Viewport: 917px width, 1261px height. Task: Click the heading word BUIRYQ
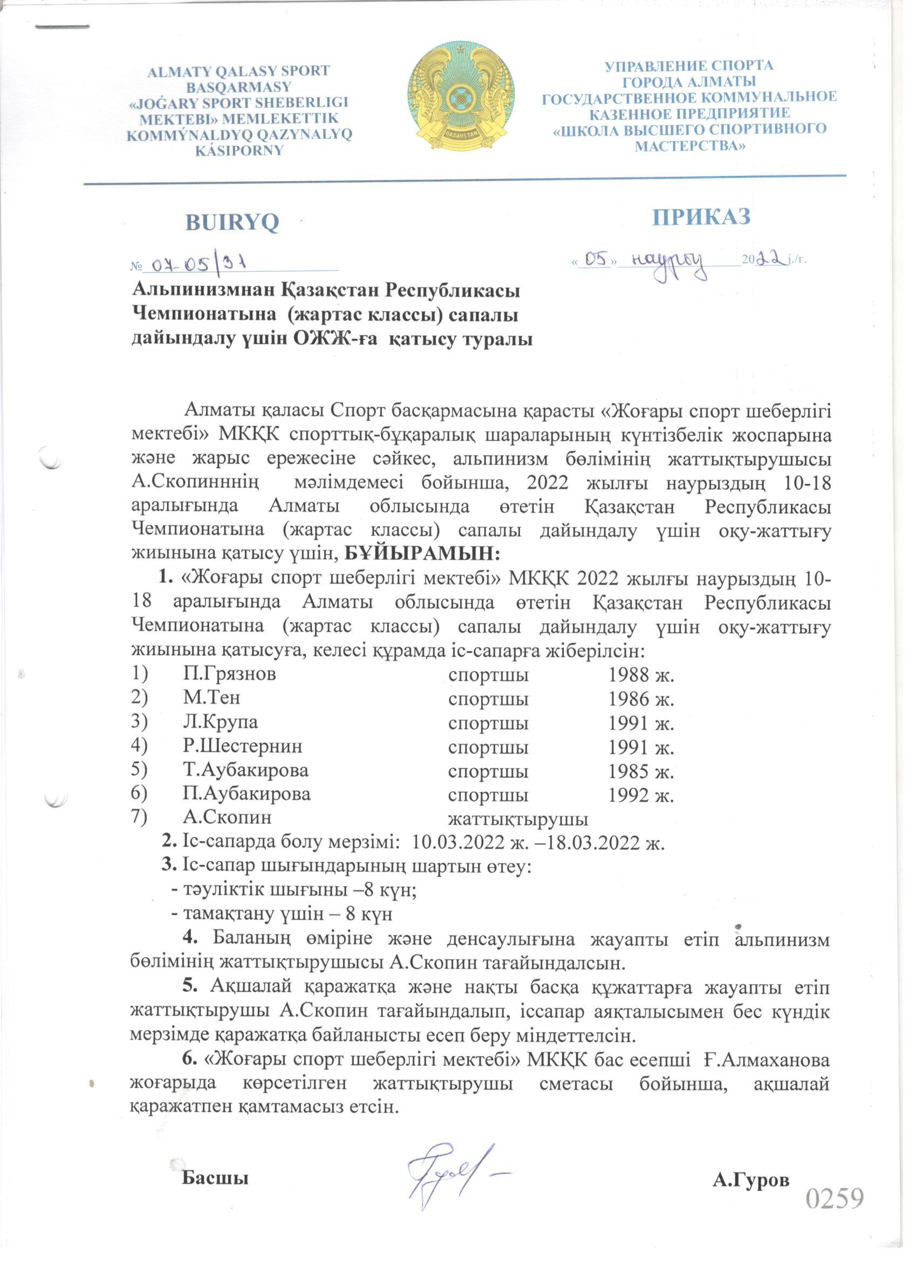[x=232, y=223]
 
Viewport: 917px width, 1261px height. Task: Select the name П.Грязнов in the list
[x=230, y=674]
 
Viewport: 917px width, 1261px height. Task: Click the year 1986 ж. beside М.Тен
[x=641, y=698]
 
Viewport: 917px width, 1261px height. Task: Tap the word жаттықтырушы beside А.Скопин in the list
[x=518, y=819]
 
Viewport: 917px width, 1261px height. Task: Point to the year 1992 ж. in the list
[x=641, y=795]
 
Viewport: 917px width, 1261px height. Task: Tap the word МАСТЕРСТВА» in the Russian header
[x=689, y=146]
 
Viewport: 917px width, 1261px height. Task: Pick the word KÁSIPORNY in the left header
[x=239, y=150]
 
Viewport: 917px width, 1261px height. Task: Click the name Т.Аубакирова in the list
[x=246, y=771]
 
